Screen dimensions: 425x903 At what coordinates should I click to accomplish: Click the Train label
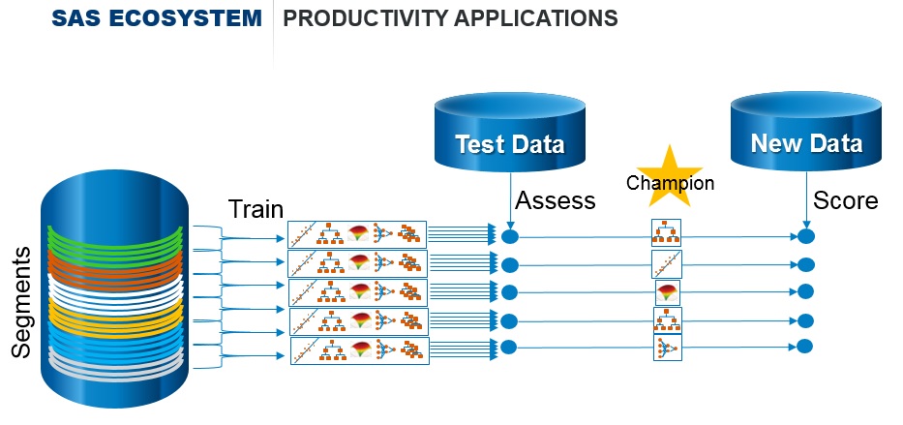click(x=256, y=209)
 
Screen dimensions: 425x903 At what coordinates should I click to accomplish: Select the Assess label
click(x=555, y=200)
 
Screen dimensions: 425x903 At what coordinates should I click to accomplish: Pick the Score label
click(x=845, y=200)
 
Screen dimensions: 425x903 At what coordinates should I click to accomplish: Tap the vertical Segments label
click(x=22, y=301)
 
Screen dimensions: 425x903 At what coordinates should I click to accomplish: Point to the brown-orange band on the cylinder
click(x=114, y=266)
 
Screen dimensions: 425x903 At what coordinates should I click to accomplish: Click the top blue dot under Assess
click(x=512, y=236)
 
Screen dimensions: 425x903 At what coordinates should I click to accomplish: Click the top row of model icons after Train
click(x=357, y=234)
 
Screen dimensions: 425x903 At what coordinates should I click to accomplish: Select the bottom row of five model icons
click(x=358, y=349)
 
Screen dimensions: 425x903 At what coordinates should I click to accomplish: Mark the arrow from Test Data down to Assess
click(x=511, y=198)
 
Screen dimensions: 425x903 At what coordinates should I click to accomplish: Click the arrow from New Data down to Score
click(x=806, y=198)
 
